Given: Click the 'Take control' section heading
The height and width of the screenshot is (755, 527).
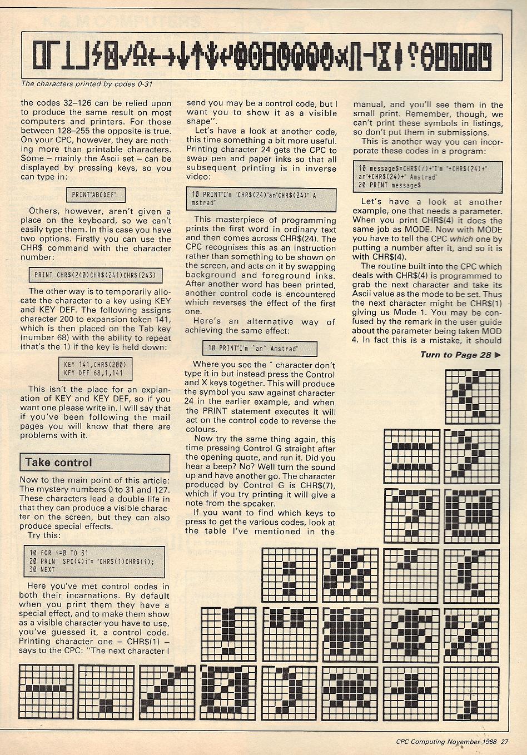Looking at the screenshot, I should coord(58,463).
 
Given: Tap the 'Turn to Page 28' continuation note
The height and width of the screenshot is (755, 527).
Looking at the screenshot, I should coord(455,355).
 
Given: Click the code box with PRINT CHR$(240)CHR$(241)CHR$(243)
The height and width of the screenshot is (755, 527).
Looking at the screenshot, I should coord(95,275).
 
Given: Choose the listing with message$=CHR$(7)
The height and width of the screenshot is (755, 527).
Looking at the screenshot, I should coord(427,176).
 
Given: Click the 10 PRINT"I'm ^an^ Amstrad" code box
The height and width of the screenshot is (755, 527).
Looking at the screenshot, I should coord(260,348).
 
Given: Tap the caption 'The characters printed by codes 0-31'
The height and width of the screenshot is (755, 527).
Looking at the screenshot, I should coord(86,84).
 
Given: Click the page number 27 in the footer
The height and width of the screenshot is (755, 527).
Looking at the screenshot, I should coord(504,741).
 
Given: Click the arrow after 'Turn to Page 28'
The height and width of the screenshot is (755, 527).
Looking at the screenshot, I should coord(498,355).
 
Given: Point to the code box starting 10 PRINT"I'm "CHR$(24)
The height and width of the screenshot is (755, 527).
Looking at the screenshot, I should coord(260,200).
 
